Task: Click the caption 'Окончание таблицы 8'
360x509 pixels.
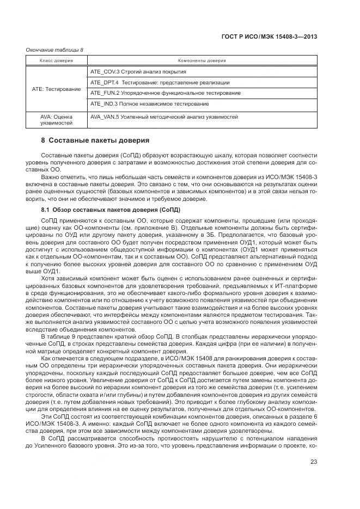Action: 54,50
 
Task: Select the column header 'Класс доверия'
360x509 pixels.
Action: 56,60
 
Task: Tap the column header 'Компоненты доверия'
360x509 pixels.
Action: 202,60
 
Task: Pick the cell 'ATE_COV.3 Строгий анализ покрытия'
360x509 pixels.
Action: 138,72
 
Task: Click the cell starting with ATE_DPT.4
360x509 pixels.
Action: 160,82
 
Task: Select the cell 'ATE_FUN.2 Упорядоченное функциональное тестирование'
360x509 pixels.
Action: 166,93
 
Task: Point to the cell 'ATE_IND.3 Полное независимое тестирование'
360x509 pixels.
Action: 149,103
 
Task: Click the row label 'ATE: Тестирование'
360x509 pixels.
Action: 57,88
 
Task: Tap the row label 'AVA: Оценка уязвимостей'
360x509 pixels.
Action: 57,119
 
